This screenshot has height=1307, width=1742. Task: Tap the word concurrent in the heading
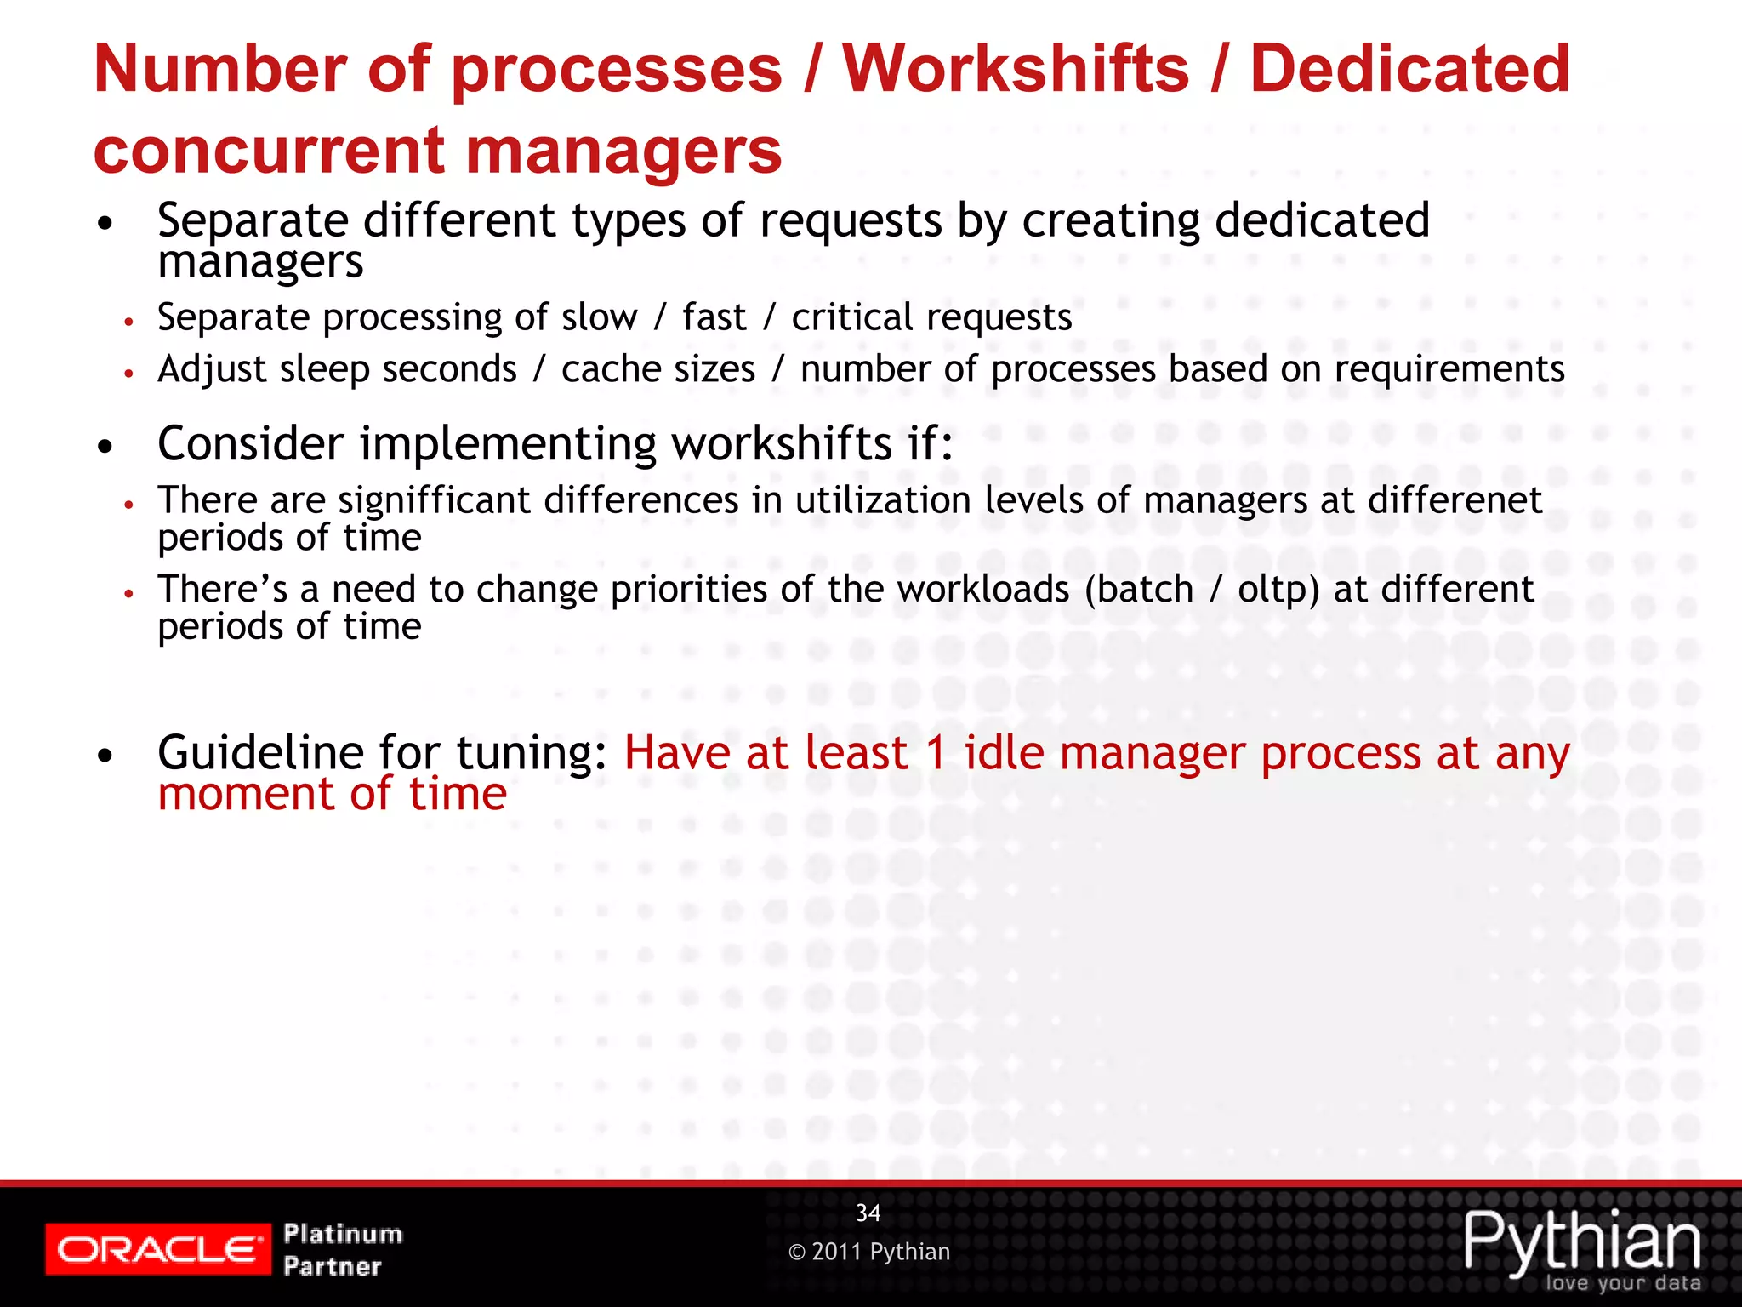click(269, 151)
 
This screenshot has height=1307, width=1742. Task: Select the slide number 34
click(868, 1213)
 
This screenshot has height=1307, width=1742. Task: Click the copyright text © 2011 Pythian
click(869, 1252)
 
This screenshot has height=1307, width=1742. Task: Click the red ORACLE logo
click(158, 1249)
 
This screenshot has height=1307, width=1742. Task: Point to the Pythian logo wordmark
click(1582, 1242)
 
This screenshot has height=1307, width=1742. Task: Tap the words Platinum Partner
click(343, 1249)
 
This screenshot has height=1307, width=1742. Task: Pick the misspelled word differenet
click(1455, 500)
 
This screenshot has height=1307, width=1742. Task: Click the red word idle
click(1004, 753)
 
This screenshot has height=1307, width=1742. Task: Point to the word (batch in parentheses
click(1139, 590)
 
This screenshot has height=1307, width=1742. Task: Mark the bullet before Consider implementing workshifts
click(105, 446)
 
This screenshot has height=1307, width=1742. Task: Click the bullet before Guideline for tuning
click(105, 755)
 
